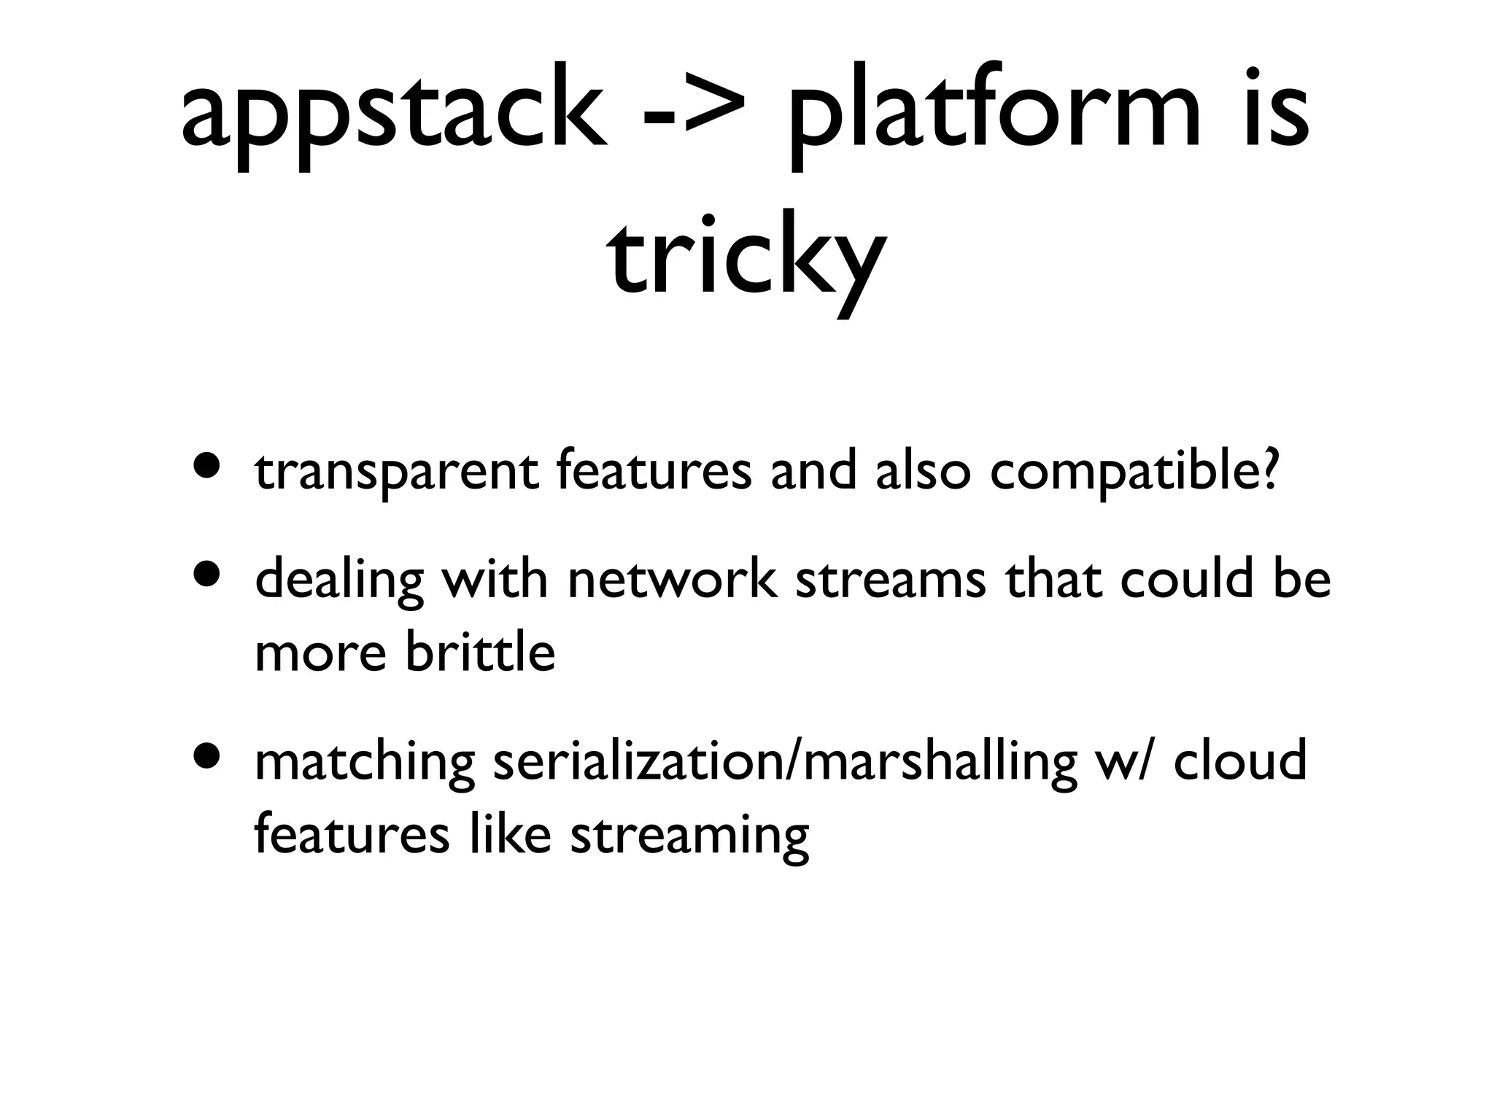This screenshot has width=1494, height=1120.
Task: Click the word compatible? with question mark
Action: point(1134,472)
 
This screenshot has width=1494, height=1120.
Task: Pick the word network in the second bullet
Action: point(672,580)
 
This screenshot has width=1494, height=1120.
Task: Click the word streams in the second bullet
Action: point(890,580)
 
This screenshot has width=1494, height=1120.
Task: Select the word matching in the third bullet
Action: point(365,762)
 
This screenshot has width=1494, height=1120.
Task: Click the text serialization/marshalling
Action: point(784,762)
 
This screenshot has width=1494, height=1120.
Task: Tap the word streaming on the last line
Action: point(689,836)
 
